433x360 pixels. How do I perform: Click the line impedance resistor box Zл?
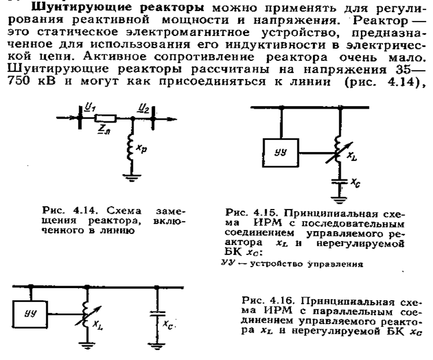click(x=105, y=118)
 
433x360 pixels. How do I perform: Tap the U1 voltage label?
click(x=89, y=107)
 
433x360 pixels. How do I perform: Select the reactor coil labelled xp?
click(x=131, y=147)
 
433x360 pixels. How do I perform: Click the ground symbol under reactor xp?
click(x=132, y=178)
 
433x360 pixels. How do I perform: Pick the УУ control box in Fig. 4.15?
click(x=280, y=153)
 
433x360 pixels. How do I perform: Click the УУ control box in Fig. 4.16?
click(x=30, y=314)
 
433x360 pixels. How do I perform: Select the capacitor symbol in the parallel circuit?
click(x=157, y=314)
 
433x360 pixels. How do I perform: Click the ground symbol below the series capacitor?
click(x=339, y=200)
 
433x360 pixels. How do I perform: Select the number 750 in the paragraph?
click(x=19, y=81)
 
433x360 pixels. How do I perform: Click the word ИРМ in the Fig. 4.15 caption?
click(x=267, y=223)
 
